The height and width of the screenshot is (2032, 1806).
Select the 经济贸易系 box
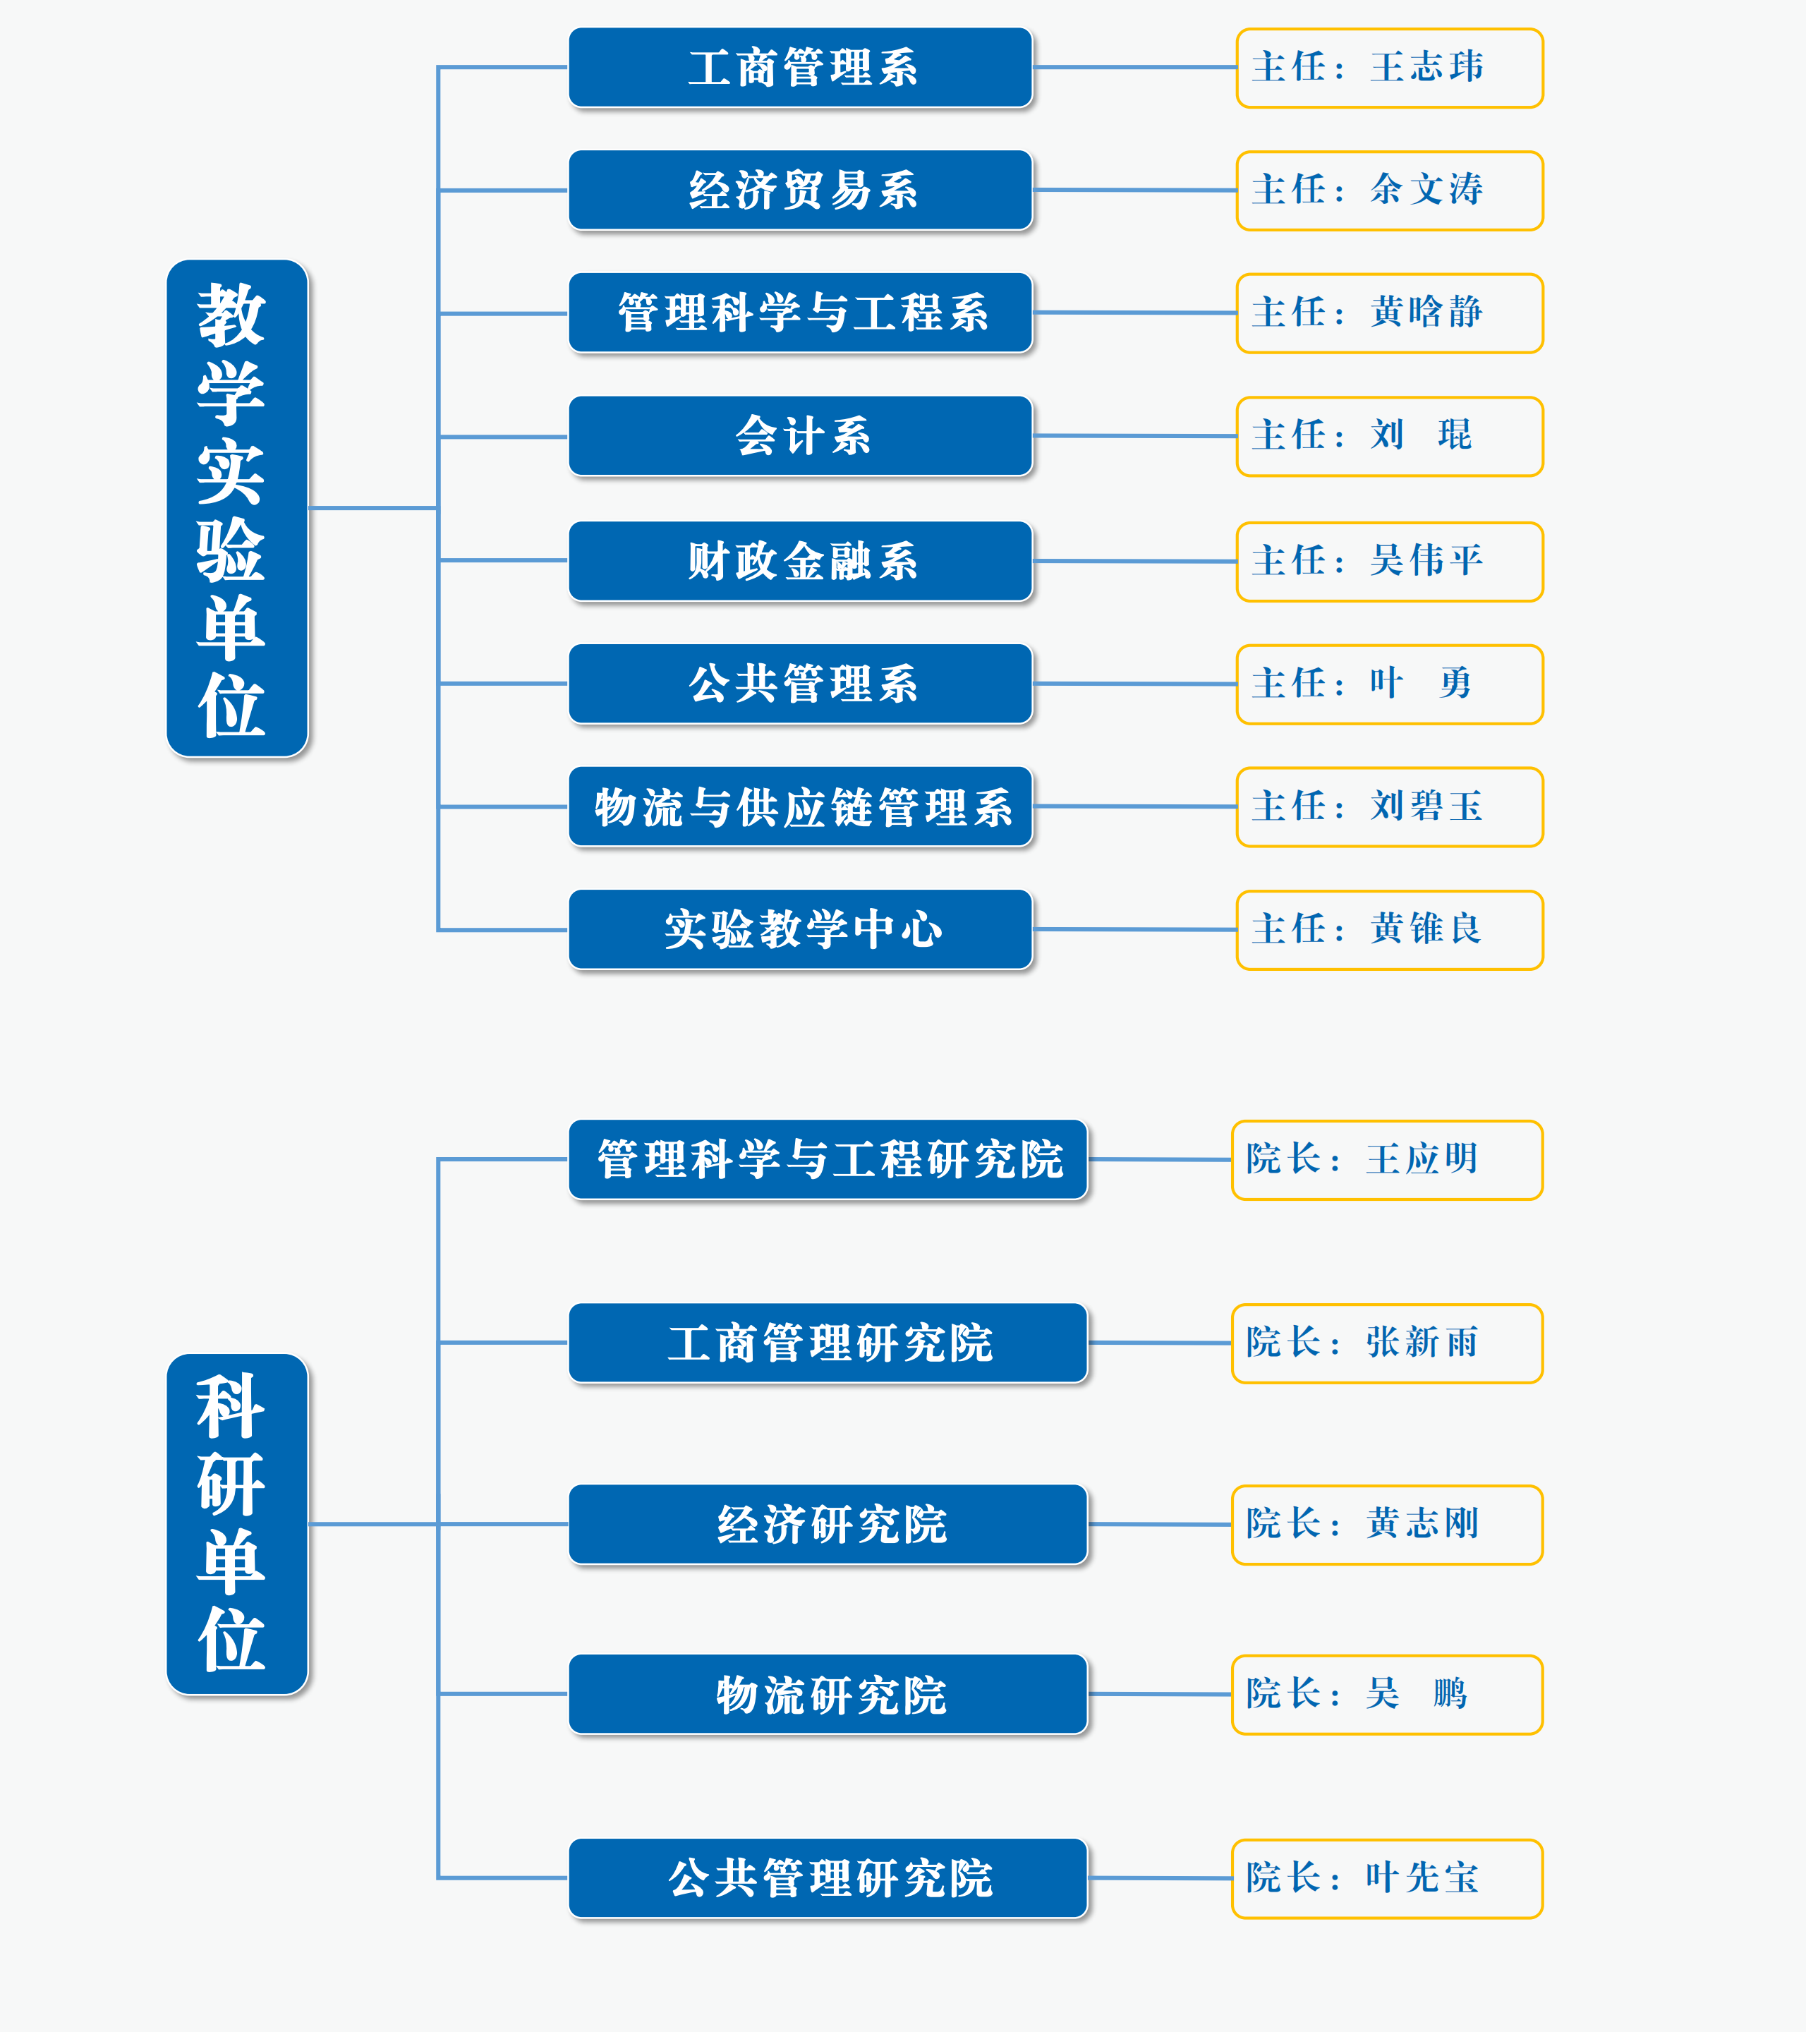pyautogui.click(x=801, y=190)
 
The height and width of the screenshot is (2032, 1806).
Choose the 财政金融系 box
pyautogui.click(x=801, y=561)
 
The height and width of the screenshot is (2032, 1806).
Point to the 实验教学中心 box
pyautogui.click(x=801, y=929)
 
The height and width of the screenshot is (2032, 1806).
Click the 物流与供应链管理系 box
pyautogui.click(x=801, y=806)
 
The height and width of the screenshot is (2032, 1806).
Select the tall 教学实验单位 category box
pyautogui.click(x=238, y=508)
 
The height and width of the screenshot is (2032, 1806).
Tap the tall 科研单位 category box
pyautogui.click(x=238, y=1524)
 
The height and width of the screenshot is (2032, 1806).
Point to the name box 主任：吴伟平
pyautogui.click(x=1390, y=562)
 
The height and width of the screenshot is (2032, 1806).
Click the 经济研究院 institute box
pyautogui.click(x=829, y=1524)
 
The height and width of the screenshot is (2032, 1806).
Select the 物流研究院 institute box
pyautogui.click(x=829, y=1694)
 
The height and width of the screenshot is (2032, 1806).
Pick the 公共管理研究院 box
pyautogui.click(x=829, y=1878)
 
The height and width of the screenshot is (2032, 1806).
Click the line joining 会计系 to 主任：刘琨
pyautogui.click(x=1135, y=435)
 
